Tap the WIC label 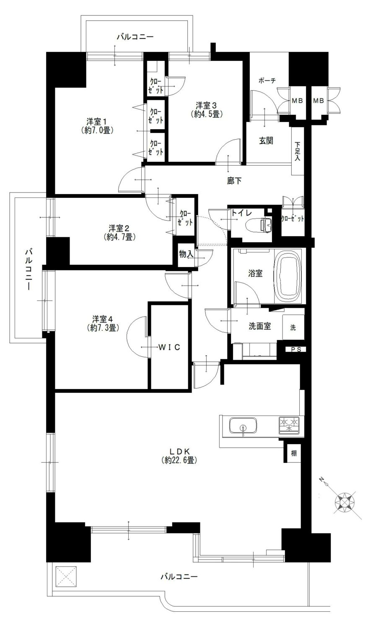(169, 347)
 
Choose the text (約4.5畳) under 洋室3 (206, 114)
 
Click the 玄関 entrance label (266, 140)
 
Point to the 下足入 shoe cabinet (298, 151)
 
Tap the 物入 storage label (186, 255)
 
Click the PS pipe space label (296, 350)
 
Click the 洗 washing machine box (293, 327)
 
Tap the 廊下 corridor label (234, 181)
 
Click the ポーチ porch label (267, 81)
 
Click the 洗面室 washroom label (260, 326)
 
